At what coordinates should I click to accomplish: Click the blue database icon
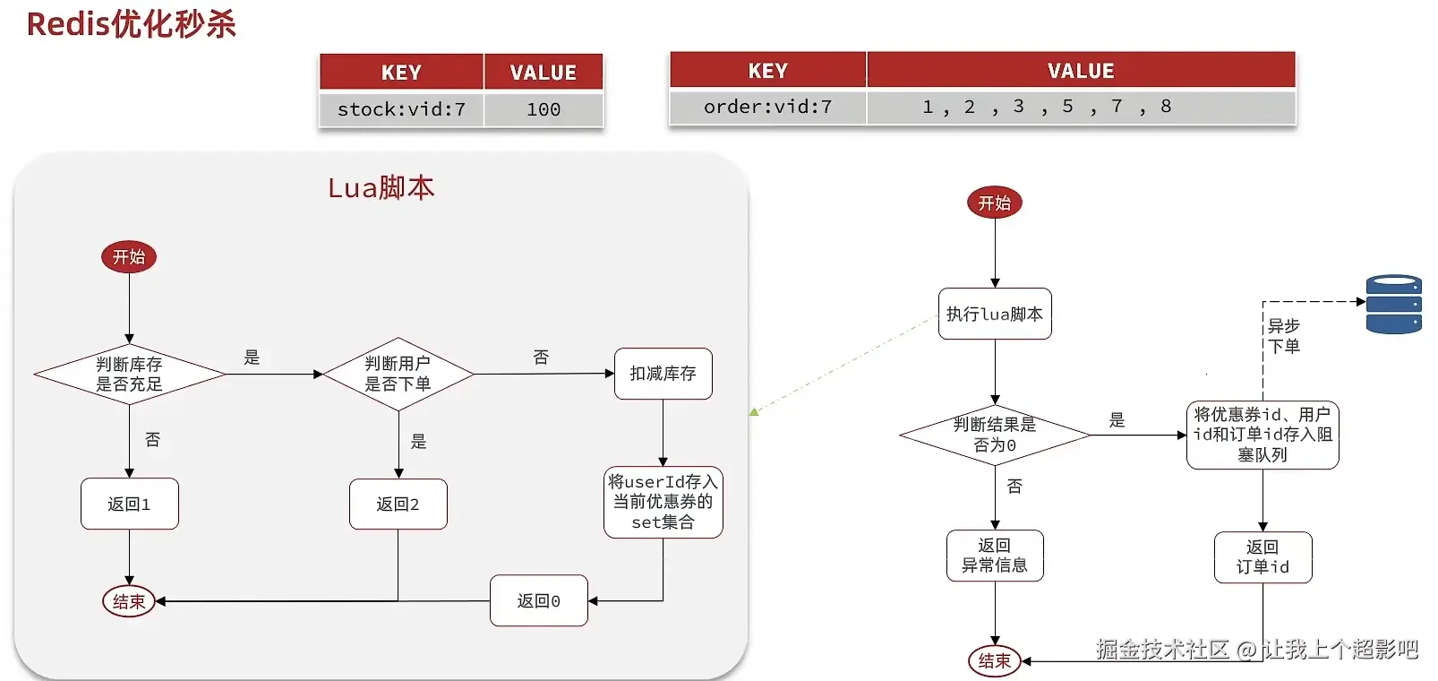click(1393, 305)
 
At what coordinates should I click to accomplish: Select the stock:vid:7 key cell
click(401, 109)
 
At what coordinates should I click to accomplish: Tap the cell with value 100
click(544, 109)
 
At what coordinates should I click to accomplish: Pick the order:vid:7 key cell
click(767, 107)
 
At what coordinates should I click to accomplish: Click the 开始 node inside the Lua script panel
click(129, 257)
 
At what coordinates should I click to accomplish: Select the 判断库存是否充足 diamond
click(129, 375)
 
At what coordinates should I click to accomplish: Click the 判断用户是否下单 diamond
click(398, 375)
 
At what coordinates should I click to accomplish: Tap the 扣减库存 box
click(663, 374)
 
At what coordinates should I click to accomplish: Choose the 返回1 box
click(129, 504)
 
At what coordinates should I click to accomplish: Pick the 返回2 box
click(398, 504)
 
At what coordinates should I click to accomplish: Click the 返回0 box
click(538, 600)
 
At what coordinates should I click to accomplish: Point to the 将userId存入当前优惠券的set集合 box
click(663, 502)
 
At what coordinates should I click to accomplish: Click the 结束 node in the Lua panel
click(129, 601)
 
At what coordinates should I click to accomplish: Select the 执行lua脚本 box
click(995, 314)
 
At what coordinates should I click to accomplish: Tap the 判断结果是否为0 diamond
click(995, 435)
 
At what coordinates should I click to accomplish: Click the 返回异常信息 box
click(995, 556)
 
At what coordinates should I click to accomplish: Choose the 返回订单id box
click(1263, 557)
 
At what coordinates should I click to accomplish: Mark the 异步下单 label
click(1284, 336)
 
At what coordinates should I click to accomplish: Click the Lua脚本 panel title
click(381, 187)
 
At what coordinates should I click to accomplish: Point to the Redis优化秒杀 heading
click(132, 24)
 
